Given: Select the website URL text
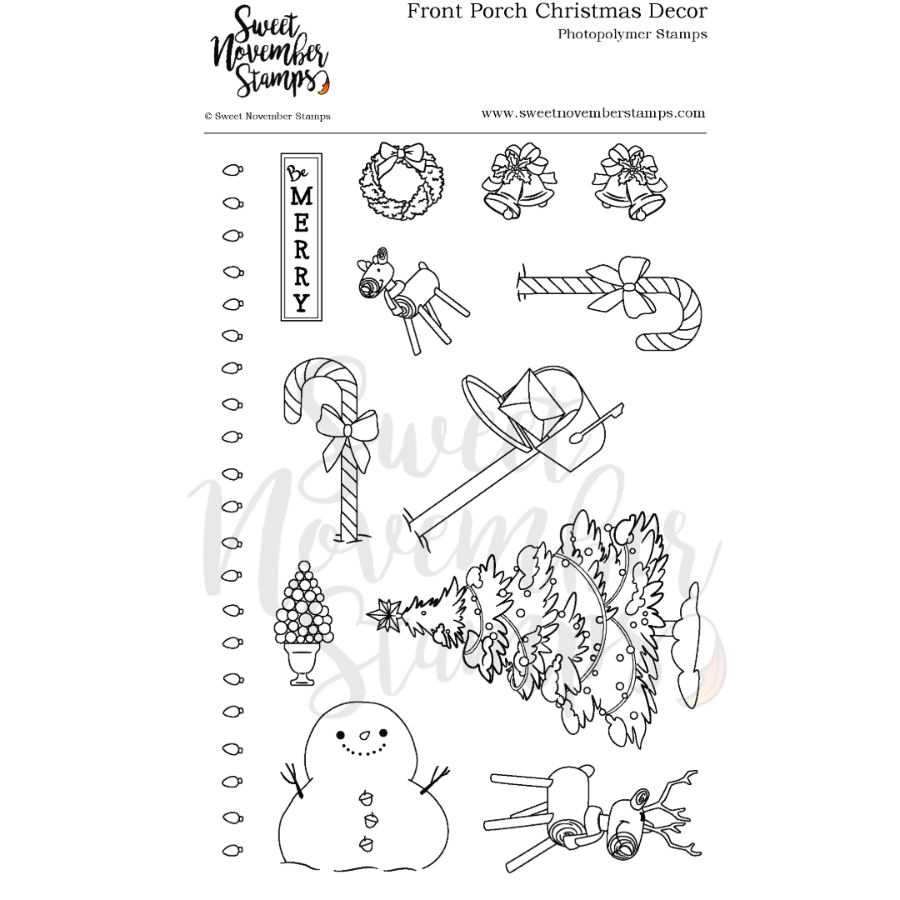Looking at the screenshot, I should pos(592,113).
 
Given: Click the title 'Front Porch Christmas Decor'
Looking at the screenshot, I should pos(557,12).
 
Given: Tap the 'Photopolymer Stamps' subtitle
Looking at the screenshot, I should pos(632,35).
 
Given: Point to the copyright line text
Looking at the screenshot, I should pos(267,117).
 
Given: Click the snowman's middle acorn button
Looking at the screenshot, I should pos(367,819).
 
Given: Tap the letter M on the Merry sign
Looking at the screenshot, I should pos(301,197).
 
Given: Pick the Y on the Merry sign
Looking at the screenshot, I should pos(301,301).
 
